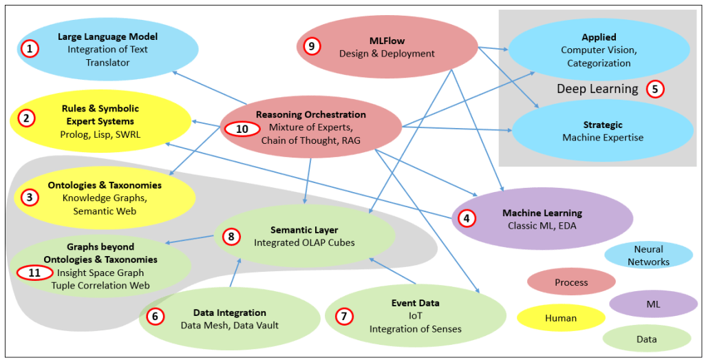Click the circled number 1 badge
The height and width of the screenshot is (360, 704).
(30, 49)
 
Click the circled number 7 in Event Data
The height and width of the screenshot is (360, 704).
(343, 316)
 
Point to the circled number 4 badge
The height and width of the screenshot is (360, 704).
(467, 219)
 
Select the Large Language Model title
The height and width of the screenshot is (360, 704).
(107, 36)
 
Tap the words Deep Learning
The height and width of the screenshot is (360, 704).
(597, 89)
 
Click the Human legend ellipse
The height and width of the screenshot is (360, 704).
(561, 318)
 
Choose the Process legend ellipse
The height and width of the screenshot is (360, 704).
(571, 282)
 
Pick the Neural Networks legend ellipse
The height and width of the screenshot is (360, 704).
(648, 255)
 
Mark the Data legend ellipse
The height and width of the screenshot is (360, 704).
(646, 339)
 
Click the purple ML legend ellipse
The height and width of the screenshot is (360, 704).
(653, 304)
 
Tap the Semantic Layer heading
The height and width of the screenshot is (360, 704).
(304, 229)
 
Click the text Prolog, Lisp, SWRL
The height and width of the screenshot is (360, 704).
(100, 134)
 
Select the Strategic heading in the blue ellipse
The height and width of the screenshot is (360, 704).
(602, 125)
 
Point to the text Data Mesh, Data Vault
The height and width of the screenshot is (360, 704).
(230, 325)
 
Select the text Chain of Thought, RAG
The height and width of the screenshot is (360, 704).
(310, 140)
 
